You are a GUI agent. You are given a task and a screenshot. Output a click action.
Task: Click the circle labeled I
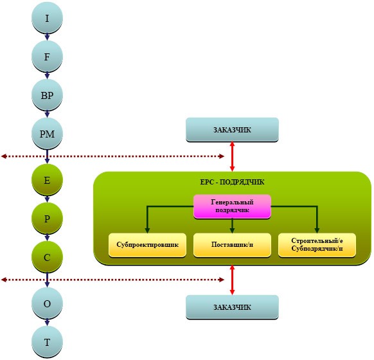tap(47, 17)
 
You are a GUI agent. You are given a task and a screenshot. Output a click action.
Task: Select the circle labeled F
tap(47, 57)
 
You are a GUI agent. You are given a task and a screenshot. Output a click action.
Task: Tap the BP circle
tap(47, 95)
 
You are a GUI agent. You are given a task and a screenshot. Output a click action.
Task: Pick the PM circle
tap(47, 134)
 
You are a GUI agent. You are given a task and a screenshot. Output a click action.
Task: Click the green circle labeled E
tap(47, 180)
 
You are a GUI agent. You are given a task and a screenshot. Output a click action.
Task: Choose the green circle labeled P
tap(47, 219)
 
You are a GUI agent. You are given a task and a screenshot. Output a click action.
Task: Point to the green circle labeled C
tap(47, 257)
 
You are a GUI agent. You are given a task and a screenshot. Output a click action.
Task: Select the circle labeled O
tap(47, 303)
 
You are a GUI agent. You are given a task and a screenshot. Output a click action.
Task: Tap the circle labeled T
tap(47, 342)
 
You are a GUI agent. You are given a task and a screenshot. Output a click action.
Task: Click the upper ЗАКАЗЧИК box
tap(232, 130)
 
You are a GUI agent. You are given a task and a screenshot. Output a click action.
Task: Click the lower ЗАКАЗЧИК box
tap(232, 307)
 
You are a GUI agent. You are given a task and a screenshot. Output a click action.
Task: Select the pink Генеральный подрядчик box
tap(232, 206)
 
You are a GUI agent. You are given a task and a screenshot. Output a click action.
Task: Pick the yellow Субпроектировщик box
tap(147, 245)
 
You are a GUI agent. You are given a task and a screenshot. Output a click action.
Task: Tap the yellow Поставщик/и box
tap(232, 245)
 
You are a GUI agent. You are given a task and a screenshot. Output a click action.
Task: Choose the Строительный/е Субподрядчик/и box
tap(317, 245)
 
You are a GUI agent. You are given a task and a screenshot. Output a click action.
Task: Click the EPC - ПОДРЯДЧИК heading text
tap(232, 182)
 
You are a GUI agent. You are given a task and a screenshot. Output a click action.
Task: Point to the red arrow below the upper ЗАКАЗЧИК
tap(232, 156)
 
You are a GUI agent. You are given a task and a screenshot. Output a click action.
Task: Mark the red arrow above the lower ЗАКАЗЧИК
tap(232, 280)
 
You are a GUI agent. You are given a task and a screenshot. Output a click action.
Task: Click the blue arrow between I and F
tap(47, 37)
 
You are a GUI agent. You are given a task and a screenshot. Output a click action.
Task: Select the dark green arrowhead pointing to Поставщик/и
tap(232, 230)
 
